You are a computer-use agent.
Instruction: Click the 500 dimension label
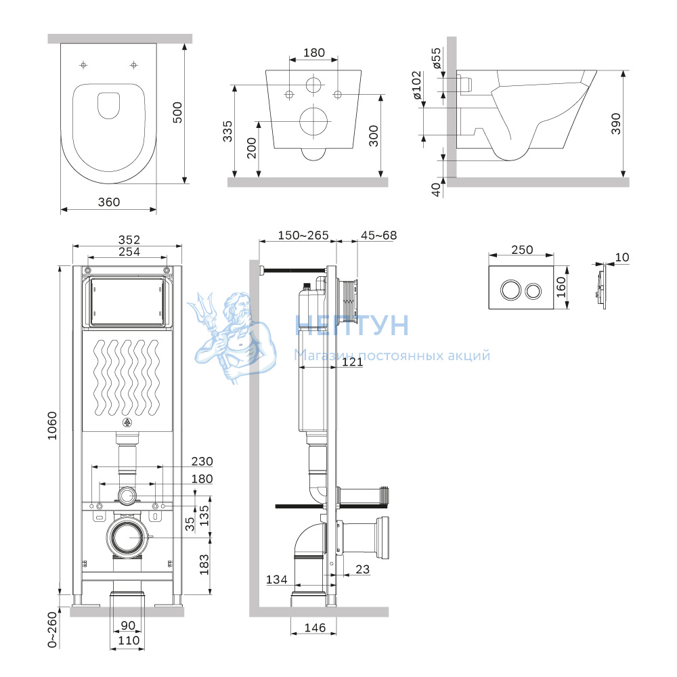click(x=177, y=112)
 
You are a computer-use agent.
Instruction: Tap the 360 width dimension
click(x=109, y=202)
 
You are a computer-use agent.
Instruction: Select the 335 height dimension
click(x=227, y=131)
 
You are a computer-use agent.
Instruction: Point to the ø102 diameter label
click(x=416, y=85)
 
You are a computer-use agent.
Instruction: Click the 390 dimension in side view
click(x=615, y=124)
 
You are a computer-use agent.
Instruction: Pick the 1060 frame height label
click(x=52, y=426)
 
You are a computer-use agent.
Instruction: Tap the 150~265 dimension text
click(x=303, y=236)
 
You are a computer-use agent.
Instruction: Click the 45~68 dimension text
click(x=378, y=236)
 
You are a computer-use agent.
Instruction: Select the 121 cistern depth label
click(x=352, y=362)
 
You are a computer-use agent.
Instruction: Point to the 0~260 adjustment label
click(x=52, y=630)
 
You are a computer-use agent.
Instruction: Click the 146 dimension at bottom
click(x=315, y=628)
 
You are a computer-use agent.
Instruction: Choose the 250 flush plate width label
click(x=522, y=250)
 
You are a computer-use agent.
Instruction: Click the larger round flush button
click(x=510, y=290)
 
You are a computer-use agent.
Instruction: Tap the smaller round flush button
click(x=533, y=291)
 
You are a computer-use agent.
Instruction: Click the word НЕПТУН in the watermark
click(x=351, y=326)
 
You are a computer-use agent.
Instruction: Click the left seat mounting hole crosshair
click(x=84, y=65)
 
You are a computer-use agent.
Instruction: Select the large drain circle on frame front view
click(x=128, y=538)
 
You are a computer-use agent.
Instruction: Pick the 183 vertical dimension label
click(x=204, y=565)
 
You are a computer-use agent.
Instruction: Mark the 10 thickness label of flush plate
click(x=621, y=257)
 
